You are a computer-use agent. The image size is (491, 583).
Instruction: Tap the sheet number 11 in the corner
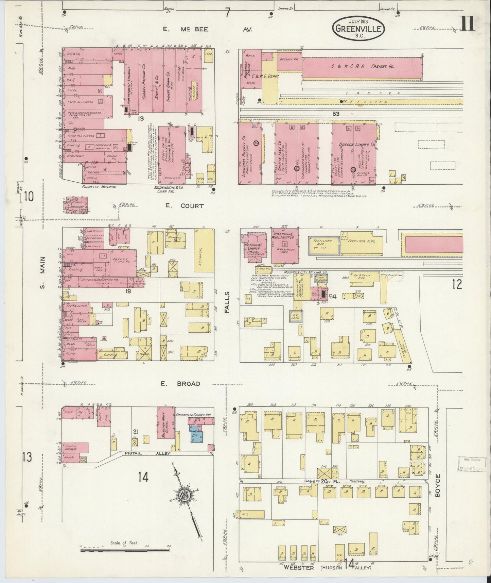(468, 24)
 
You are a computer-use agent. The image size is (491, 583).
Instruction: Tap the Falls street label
(227, 302)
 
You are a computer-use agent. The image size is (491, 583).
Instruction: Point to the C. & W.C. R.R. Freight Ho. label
(362, 66)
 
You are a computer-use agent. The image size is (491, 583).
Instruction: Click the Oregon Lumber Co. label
(357, 145)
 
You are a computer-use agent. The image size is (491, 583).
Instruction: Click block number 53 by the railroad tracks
(336, 114)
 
